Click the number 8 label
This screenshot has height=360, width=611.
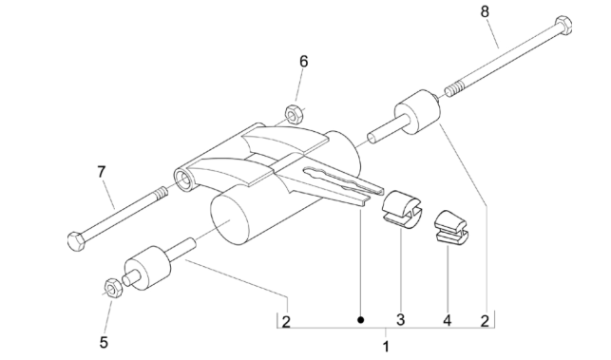point(485,13)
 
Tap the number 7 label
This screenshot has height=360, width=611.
point(102,172)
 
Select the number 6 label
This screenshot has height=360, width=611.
point(304,62)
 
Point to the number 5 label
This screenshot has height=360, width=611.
point(104,340)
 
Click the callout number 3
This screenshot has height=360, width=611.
point(400,320)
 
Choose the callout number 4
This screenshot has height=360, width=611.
point(447,320)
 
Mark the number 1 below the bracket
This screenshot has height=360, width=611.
point(386,347)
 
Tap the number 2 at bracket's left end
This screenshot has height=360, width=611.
point(286,320)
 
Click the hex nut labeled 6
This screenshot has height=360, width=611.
point(294,114)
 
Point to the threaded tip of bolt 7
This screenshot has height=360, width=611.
point(161,193)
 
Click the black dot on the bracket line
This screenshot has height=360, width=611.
point(359,320)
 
